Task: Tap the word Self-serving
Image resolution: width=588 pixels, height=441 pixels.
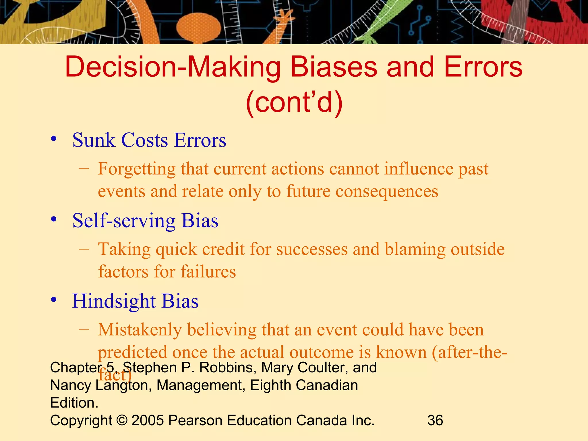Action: [124, 221]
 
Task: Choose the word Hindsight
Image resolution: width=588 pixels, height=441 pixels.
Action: [114, 301]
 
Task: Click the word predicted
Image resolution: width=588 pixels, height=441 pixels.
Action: [132, 353]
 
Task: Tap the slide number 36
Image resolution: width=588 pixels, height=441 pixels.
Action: [435, 420]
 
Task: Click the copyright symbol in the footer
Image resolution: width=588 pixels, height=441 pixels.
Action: [122, 421]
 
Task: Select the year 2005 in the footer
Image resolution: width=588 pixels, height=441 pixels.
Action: [148, 420]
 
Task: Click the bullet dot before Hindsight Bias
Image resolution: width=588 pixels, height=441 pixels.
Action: [53, 300]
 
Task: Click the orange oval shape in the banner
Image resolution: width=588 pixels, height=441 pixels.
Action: [199, 27]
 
